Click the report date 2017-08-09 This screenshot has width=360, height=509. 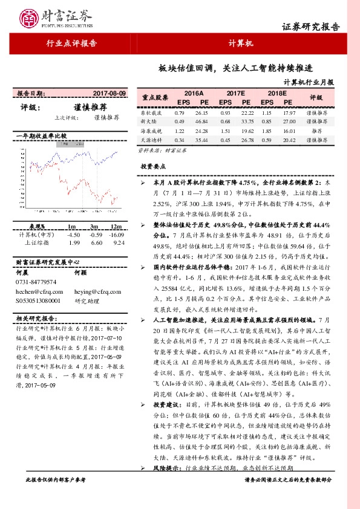click(x=110, y=94)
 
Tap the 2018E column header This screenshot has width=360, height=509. click(x=277, y=94)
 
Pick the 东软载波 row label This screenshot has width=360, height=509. click(x=151, y=113)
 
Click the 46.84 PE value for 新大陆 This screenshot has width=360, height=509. click(x=202, y=122)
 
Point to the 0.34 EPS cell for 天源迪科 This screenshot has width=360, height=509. click(x=179, y=140)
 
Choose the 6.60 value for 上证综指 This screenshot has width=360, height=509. click(x=95, y=226)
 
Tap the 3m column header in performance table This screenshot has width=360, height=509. click(x=95, y=209)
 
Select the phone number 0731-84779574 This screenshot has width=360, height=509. click(x=36, y=282)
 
